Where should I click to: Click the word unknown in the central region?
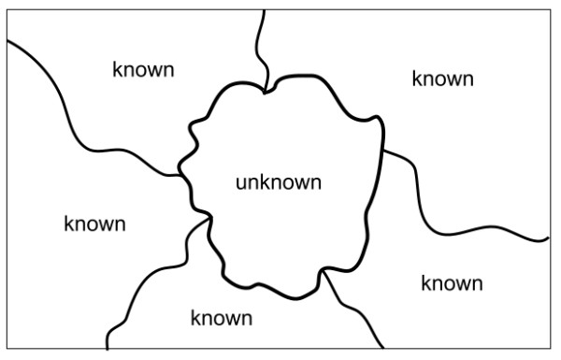coord(278,181)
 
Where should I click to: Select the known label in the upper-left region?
coord(143,70)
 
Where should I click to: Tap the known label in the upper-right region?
coord(442,79)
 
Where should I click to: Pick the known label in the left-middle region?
coord(94,224)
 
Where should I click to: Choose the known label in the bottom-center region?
coord(221,318)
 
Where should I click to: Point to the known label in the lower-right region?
coord(452,282)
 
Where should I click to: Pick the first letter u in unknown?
coord(240,182)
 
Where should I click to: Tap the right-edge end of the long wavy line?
coord(548,239)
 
